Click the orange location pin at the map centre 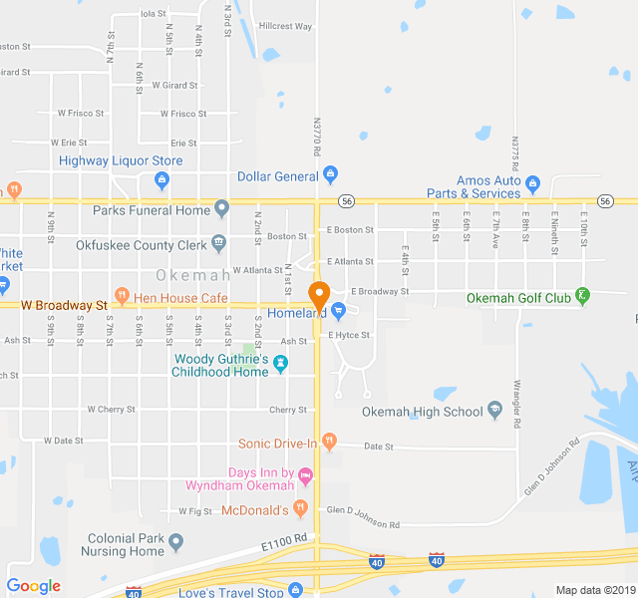tap(319, 296)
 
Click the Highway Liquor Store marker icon tap(161, 180)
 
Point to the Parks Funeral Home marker tap(221, 210)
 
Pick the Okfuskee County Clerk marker tap(217, 243)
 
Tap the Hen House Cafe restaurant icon tap(122, 296)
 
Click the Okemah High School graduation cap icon tap(493, 412)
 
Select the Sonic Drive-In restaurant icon tap(330, 443)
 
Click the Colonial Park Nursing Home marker tap(176, 543)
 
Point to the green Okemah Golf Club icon tap(583, 297)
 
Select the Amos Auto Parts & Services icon tap(532, 185)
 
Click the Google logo tap(34, 586)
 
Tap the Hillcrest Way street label tap(285, 26)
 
